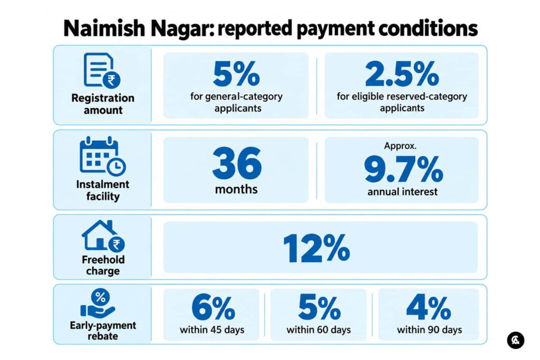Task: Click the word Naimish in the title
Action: point(104,28)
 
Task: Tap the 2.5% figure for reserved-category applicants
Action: point(402,74)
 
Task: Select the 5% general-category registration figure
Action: point(236,74)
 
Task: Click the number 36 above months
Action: point(237,163)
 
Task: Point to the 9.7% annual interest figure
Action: point(403,169)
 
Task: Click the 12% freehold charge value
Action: point(316,248)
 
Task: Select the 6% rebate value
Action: point(213,307)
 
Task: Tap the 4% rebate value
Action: point(428,307)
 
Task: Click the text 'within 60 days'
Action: point(319,330)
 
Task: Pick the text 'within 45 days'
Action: point(212,330)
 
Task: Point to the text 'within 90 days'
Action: point(429,330)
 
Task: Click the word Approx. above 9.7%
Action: point(400,146)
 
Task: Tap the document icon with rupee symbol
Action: point(102,71)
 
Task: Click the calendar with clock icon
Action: point(103,156)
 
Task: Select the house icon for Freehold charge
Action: point(103,236)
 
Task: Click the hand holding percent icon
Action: point(98,303)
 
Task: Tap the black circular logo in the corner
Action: point(516,340)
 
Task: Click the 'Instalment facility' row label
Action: point(103,190)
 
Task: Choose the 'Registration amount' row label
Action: point(103,104)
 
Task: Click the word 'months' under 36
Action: point(236,189)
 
